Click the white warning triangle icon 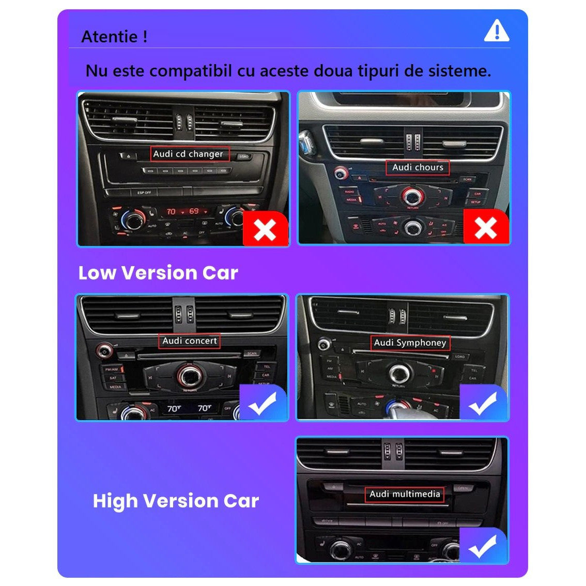point(497,31)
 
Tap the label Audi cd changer point(188,154)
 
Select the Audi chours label point(418,167)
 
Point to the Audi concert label point(190,341)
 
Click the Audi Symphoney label point(410,343)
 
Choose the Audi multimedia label point(405,494)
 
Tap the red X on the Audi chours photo point(486,227)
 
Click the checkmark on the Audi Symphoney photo point(483,403)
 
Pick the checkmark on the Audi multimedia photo point(483,546)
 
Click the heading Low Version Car point(158,273)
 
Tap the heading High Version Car point(176,501)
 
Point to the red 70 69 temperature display point(183,211)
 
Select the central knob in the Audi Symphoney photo point(398,373)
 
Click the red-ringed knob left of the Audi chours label point(341,173)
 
